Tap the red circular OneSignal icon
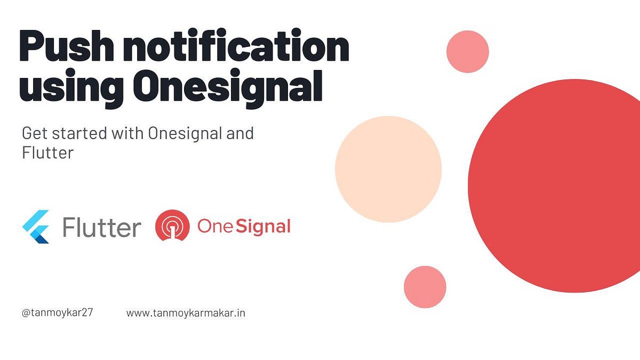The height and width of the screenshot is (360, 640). pos(172,227)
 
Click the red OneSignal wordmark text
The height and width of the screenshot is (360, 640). pos(244,227)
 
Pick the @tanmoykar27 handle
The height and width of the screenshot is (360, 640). pos(58,313)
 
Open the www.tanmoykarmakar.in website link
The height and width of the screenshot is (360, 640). pos(186,313)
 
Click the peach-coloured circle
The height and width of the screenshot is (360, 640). pos(388,169)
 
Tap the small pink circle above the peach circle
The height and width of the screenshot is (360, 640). pos(468,52)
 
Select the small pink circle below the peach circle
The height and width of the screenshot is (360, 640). pos(425,287)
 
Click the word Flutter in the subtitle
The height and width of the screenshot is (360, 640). pos(47,153)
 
